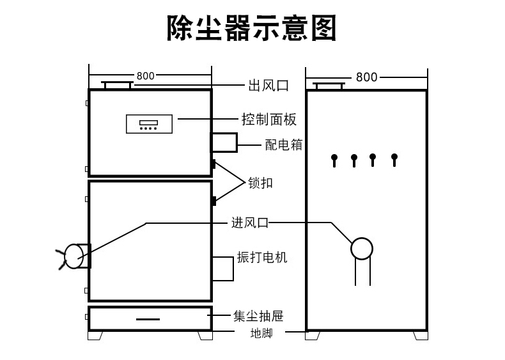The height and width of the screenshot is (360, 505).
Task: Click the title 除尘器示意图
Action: coord(251,29)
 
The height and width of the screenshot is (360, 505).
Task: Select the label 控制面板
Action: coord(269,120)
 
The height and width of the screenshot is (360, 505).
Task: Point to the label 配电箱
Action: coord(283,145)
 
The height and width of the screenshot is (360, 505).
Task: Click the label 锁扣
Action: coord(260,183)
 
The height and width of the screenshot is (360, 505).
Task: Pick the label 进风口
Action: coord(249,223)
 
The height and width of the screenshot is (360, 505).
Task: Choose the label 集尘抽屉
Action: coord(258,315)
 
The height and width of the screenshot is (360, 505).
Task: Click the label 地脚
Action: coord(261,333)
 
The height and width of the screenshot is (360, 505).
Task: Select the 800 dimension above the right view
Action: coord(366,77)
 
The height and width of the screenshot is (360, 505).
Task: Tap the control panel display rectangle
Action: coord(150,123)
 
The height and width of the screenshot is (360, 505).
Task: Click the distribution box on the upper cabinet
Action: coord(224,142)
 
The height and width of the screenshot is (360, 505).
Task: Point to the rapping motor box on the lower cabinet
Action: coord(222,268)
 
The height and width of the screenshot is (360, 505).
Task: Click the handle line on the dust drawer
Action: coord(148,318)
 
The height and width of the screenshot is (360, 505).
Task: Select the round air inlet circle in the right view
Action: coord(361,248)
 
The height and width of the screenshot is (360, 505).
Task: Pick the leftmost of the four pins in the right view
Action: coord(334,160)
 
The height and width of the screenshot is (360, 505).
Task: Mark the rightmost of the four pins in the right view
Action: coord(394,159)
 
